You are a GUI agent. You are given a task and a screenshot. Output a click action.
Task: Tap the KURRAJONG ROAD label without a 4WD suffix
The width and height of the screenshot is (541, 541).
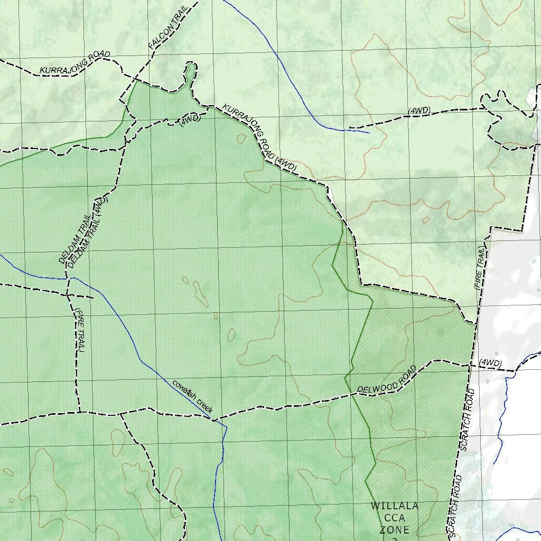(75, 62)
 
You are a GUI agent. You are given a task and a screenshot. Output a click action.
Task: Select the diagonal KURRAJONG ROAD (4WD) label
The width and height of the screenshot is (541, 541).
(259, 138)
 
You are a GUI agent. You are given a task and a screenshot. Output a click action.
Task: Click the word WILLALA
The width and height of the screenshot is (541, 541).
(394, 506)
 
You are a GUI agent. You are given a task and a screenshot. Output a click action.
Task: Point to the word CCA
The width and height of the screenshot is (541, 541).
(395, 518)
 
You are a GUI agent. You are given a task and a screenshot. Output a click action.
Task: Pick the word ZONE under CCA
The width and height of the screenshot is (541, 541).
(395, 529)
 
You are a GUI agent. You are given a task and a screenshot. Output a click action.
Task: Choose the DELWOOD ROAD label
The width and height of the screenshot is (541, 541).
(386, 380)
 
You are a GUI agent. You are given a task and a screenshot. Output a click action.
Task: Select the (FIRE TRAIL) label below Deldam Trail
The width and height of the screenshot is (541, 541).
(80, 331)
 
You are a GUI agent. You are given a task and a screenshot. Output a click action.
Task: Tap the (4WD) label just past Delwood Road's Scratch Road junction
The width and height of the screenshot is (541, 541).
(490, 363)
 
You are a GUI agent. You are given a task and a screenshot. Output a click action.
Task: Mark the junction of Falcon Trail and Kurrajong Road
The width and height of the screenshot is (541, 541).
(136, 80)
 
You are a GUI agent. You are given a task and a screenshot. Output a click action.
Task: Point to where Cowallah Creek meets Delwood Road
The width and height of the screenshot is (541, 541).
(212, 420)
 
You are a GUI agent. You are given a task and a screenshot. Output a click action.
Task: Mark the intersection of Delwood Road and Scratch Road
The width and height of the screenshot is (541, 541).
(469, 365)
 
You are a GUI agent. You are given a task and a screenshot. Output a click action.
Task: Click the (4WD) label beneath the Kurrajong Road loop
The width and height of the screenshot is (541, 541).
(190, 119)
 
